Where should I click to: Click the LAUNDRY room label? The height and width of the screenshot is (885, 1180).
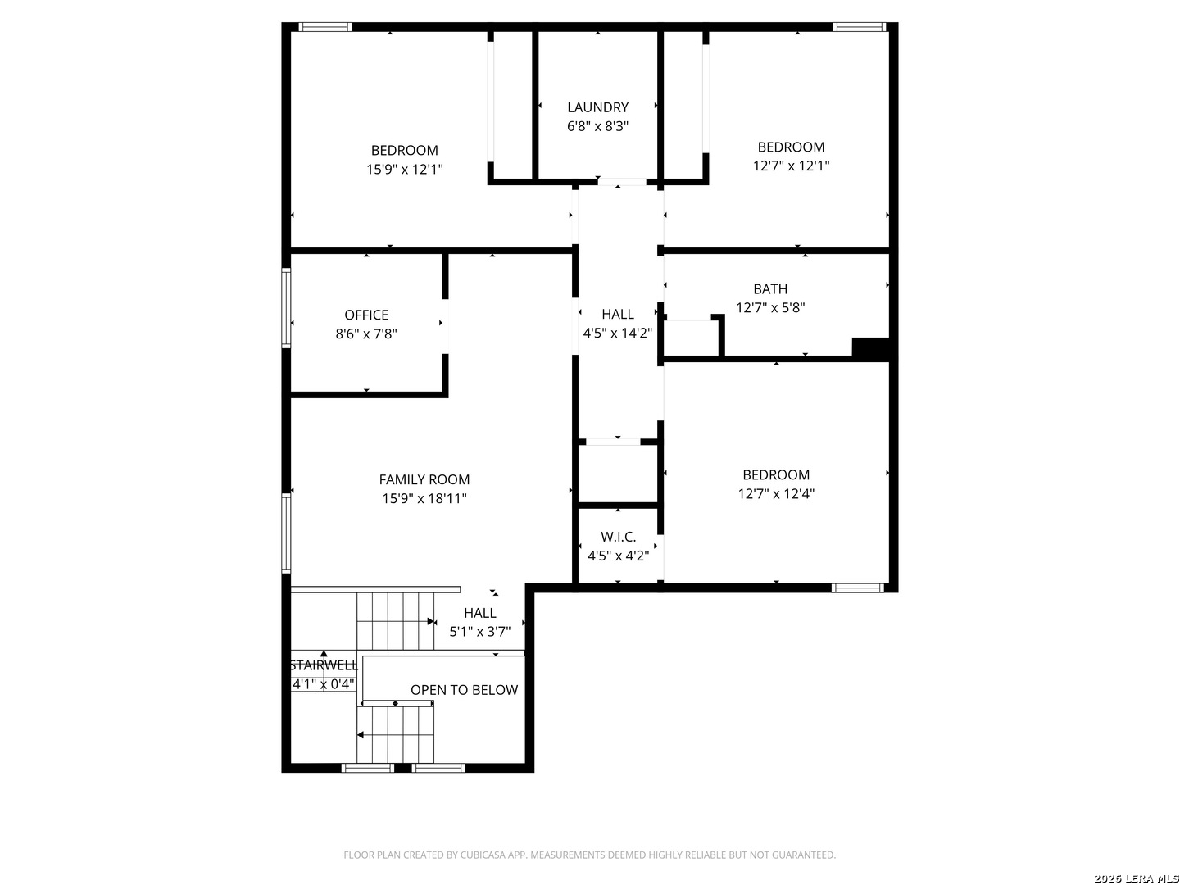pyautogui.click(x=597, y=107)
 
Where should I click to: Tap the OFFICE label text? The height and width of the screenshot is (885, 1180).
pyautogui.click(x=366, y=315)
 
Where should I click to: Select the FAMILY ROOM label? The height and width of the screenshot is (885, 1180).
pyautogui.click(x=424, y=479)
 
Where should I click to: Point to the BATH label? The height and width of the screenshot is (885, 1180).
pyautogui.click(x=769, y=289)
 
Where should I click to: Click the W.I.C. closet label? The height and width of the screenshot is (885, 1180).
pyautogui.click(x=618, y=537)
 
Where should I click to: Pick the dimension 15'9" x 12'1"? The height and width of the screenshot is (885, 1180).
pyautogui.click(x=404, y=170)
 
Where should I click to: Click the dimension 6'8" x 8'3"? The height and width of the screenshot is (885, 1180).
pyautogui.click(x=597, y=126)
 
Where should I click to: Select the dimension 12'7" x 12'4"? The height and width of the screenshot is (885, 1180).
pyautogui.click(x=776, y=494)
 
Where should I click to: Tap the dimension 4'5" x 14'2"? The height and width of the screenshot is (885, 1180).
pyautogui.click(x=617, y=334)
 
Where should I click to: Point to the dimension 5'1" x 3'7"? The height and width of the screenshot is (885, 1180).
pyautogui.click(x=479, y=632)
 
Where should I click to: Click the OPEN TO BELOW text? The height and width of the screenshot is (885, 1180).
pyautogui.click(x=464, y=690)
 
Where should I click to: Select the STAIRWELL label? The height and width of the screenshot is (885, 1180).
pyautogui.click(x=324, y=665)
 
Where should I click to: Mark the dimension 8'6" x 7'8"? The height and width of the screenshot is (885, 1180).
pyautogui.click(x=366, y=334)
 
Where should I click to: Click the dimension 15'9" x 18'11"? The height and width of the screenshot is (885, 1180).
pyautogui.click(x=424, y=499)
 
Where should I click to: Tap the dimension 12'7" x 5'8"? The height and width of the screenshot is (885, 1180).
pyautogui.click(x=769, y=308)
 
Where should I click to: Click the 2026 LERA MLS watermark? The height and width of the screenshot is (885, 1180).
pyautogui.click(x=1136, y=878)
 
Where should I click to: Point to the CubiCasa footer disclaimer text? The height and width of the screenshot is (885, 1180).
pyautogui.click(x=589, y=855)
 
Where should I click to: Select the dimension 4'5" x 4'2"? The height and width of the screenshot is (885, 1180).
pyautogui.click(x=618, y=556)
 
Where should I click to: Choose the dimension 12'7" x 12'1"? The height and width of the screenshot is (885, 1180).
pyautogui.click(x=791, y=166)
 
